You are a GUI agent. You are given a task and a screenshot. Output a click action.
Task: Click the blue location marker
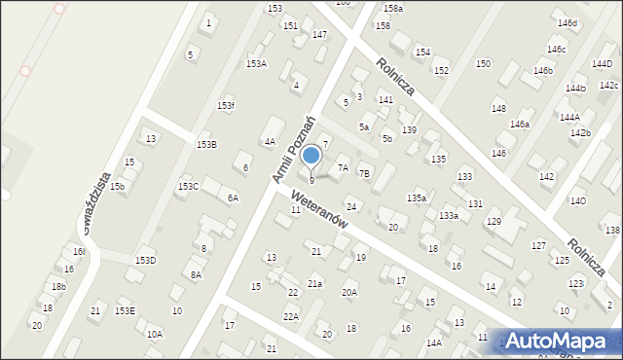(311, 155)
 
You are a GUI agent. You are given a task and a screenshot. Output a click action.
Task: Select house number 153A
(256, 63)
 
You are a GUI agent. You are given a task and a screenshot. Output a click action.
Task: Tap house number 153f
(226, 105)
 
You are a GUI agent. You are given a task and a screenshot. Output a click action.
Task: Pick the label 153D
(145, 260)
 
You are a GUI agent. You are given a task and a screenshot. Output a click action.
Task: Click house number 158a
(392, 9)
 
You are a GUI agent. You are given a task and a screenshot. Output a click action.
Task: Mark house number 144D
(603, 63)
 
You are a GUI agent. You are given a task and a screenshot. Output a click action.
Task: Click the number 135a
(417, 198)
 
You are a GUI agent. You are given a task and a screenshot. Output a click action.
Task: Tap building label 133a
(449, 215)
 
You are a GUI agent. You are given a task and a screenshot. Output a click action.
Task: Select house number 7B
(364, 173)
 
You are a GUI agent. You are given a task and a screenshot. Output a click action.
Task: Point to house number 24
(351, 206)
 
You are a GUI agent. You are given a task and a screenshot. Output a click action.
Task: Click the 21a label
(314, 283)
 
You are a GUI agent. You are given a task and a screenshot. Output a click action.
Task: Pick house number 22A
(290, 316)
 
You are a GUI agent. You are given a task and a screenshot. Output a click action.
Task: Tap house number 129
(494, 222)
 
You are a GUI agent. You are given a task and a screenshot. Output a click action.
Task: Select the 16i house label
(79, 251)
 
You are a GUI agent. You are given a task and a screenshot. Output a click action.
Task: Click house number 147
(319, 35)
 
